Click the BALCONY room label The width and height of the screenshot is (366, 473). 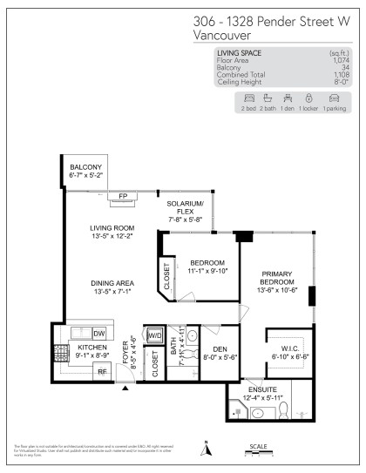(85, 167)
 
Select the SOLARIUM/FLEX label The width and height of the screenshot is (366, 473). (185, 207)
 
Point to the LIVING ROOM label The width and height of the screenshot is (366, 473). (110, 229)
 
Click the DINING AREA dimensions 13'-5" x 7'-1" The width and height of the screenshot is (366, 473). (110, 293)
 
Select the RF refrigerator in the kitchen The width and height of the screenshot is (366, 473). (101, 371)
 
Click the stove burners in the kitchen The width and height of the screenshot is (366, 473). (61, 354)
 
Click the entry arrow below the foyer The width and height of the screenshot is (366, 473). (125, 389)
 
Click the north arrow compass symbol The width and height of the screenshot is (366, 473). (207, 449)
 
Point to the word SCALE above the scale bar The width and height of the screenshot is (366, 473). (258, 446)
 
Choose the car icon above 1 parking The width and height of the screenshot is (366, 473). (332, 98)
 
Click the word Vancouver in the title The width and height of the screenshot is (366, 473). (220, 36)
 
